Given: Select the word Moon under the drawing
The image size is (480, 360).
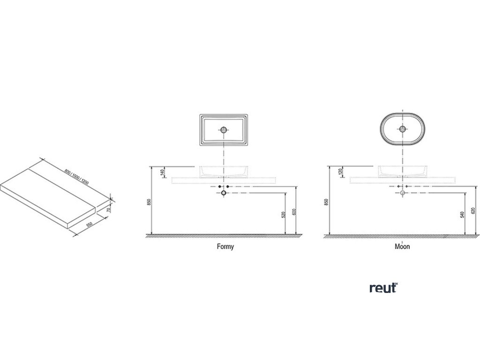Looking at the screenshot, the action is point(402,247).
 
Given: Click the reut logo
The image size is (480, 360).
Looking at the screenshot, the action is point(383,288).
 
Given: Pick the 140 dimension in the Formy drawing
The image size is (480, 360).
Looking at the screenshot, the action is point(163,173).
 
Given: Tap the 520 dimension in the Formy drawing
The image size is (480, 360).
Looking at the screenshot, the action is point(284,216).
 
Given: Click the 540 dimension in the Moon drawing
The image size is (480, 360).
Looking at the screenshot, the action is point(462,216).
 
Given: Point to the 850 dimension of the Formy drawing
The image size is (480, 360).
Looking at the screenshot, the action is point(149,202).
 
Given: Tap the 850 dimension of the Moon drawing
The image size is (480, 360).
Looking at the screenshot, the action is point(327,202).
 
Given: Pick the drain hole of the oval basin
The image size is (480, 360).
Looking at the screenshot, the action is point(402,128).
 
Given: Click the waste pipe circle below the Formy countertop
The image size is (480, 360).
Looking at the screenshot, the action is point(224,192).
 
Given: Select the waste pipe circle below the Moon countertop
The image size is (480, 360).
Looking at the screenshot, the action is point(402,192).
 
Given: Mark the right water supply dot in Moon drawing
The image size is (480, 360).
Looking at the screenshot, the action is point(406,186).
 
